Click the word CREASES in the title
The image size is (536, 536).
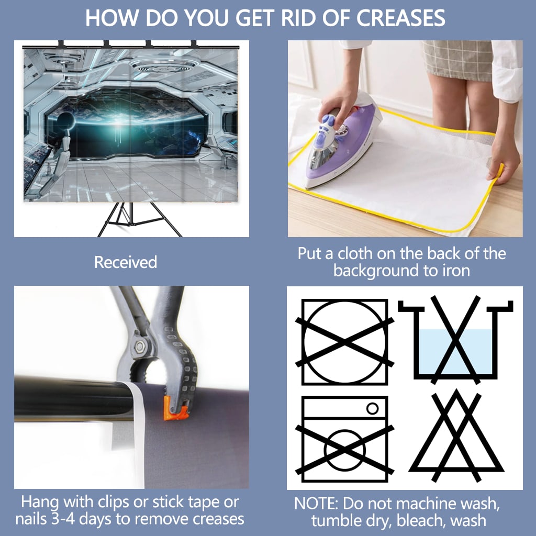pos(401,18)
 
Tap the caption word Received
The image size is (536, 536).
pos(126,262)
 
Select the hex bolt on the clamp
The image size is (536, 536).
pos(140,347)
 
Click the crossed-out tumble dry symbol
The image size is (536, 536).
pos(344,342)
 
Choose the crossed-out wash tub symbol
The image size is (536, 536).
pos(455,339)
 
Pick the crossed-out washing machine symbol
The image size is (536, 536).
pos(344,439)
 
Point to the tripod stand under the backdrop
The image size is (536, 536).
pos(139,219)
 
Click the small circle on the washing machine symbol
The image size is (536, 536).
pos(372,408)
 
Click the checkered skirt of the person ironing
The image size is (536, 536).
pos(457,60)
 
